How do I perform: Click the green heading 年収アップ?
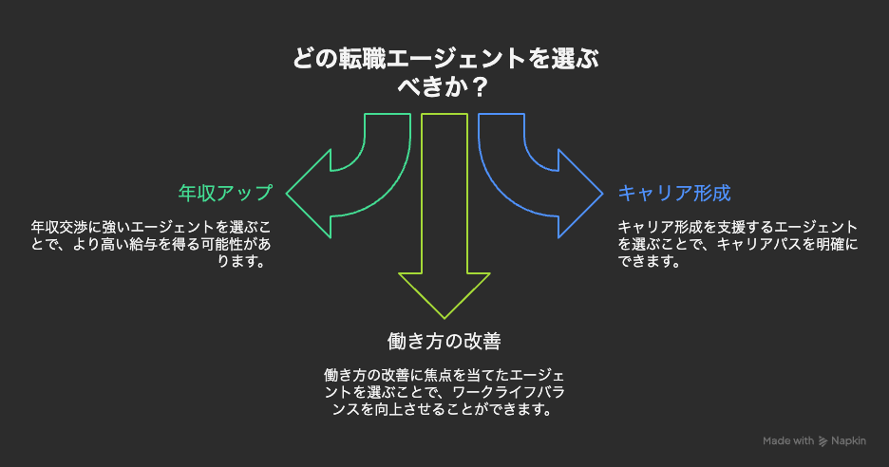[x=225, y=193]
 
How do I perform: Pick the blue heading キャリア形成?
[x=674, y=193]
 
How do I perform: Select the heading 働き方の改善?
[x=444, y=340]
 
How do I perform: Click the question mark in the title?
[x=481, y=86]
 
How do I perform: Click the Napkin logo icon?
[x=823, y=441]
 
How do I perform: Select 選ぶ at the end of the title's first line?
[x=574, y=60]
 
